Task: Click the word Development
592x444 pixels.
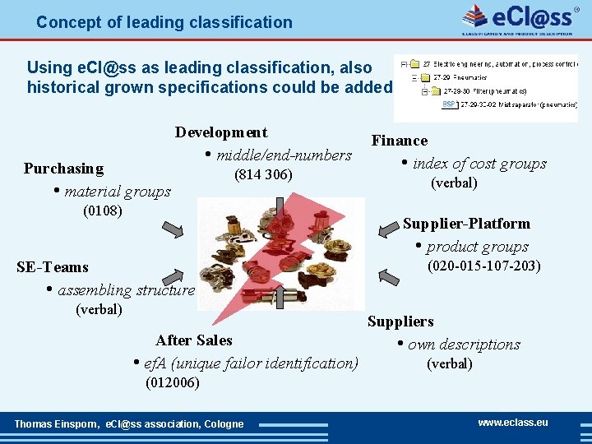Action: coord(220,132)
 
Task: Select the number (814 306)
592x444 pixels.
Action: coord(263,174)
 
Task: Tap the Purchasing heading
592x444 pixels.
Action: coord(63,169)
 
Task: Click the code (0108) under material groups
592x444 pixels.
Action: coord(103,211)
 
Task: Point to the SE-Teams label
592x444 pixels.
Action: coord(52,267)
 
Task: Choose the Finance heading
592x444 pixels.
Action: coord(400,141)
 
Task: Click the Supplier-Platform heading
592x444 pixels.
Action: coord(466,224)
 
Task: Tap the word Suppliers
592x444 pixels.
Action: coord(400,321)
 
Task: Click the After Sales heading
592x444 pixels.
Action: coord(194,340)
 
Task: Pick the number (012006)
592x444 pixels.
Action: coord(172,383)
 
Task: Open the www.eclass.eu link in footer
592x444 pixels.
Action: coord(513,423)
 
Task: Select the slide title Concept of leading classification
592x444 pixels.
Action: coord(164,22)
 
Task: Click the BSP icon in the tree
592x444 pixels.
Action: coord(449,104)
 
